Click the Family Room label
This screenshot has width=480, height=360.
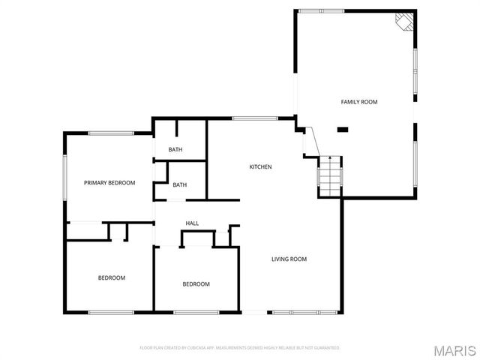[359, 101]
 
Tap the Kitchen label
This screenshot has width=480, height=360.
[260, 166]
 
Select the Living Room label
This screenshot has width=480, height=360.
[289, 259]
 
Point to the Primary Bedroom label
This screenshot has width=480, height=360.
[109, 183]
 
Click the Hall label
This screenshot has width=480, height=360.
[192, 223]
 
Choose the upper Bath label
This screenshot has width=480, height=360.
[175, 150]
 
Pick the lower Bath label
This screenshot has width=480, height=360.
[180, 185]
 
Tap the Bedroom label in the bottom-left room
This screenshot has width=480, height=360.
[112, 278]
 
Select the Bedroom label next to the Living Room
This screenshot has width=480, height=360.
[196, 284]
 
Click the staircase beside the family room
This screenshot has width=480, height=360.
[330, 175]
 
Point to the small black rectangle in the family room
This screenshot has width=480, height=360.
[343, 130]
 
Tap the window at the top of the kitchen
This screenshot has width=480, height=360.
[255, 118]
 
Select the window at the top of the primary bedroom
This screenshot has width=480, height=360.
[111, 133]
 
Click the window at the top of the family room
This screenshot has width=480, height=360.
[320, 10]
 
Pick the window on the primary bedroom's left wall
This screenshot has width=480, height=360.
[65, 177]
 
